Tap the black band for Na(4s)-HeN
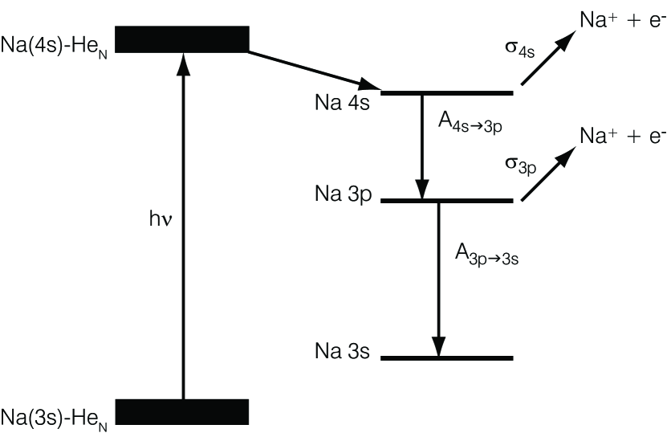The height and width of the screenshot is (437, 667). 182,39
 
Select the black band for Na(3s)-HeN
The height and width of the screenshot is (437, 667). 182,411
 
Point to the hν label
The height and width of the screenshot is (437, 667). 159,218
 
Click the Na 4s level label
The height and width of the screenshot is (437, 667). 342,104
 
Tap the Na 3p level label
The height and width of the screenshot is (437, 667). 342,195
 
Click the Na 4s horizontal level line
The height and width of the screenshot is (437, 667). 446,93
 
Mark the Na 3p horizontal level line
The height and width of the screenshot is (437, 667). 446,200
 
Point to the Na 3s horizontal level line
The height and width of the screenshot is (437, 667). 446,357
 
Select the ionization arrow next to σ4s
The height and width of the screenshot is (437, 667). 549,59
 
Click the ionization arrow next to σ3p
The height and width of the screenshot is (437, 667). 549,173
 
